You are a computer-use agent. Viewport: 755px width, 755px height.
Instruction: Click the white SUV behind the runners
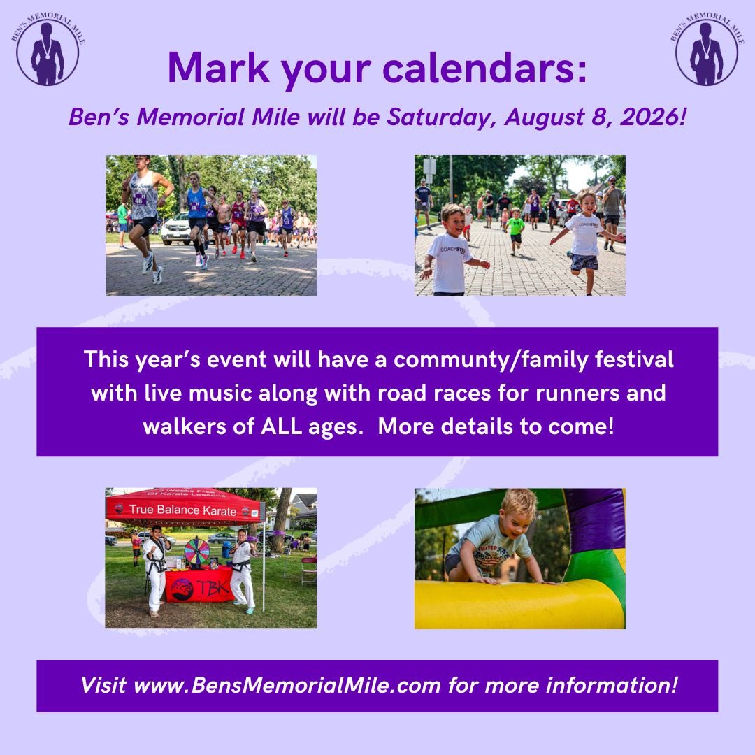pyautogui.click(x=176, y=229)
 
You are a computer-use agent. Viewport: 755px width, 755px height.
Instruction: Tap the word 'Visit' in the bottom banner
pyautogui.click(x=103, y=685)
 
